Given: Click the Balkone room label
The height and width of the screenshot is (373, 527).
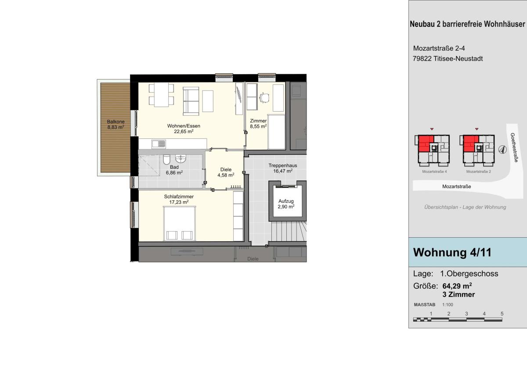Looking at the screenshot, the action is click(x=116, y=122).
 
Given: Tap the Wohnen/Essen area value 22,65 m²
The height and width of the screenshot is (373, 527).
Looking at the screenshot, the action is click(x=184, y=131).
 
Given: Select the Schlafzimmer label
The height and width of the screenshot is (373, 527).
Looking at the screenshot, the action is click(x=179, y=196).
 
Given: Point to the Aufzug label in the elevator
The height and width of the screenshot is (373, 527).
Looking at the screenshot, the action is click(x=286, y=201).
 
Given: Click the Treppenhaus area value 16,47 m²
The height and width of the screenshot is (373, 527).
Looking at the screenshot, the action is click(x=283, y=171).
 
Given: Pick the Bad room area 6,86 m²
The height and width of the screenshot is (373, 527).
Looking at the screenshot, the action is click(x=174, y=173).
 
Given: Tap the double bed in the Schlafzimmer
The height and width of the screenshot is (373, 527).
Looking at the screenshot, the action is click(x=180, y=223).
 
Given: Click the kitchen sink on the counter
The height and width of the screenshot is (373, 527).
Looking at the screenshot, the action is click(x=159, y=144).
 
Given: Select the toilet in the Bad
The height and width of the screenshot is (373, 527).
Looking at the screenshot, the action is click(x=166, y=159).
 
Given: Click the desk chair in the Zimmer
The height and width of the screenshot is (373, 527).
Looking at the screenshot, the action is click(x=265, y=98).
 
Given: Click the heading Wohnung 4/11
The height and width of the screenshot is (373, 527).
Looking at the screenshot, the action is click(x=452, y=253).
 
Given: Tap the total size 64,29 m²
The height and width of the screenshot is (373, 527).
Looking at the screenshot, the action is click(x=457, y=286).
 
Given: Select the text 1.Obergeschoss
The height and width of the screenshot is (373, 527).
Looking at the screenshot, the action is click(x=469, y=274).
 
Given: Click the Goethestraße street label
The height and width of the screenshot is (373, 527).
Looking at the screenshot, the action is click(x=514, y=148).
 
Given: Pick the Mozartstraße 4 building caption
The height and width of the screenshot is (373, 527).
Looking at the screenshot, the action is click(x=434, y=171).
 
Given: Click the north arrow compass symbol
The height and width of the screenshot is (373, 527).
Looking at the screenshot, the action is click(x=502, y=150).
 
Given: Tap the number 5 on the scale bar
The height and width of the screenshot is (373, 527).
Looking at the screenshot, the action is click(x=502, y=314).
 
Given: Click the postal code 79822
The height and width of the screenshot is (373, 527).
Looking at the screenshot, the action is click(x=422, y=58).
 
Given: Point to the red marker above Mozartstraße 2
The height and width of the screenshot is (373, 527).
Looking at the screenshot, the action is click(x=476, y=129).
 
